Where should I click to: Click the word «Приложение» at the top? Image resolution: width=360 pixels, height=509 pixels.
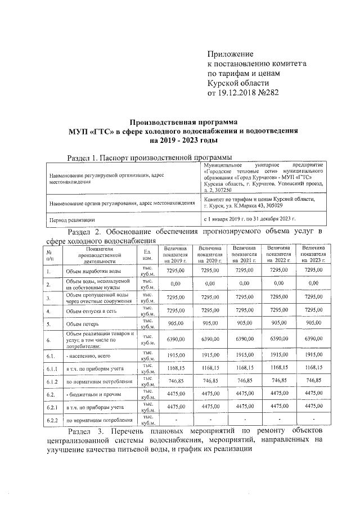pos(231,53)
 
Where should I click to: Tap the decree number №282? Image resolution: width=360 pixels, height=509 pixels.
pos(264,92)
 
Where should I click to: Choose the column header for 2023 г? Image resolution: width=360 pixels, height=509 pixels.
pos(313,254)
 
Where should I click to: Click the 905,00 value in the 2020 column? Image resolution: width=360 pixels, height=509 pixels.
pos(209,323)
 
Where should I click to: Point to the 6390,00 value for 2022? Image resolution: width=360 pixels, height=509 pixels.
pos(278,340)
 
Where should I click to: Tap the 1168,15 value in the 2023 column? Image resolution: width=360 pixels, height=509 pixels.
pos(313,368)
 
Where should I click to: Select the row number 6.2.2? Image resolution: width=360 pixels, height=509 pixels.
pos(52,420)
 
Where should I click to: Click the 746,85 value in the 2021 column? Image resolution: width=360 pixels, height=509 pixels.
pos(244,381)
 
